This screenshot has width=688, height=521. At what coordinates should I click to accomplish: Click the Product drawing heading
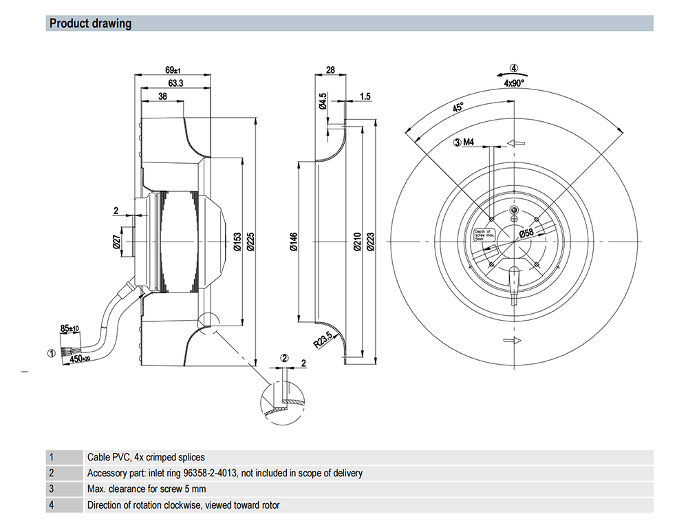[x=90, y=23]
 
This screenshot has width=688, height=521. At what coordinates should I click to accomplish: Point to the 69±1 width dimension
[x=173, y=70]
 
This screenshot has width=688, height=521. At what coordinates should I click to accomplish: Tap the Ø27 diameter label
[x=117, y=240]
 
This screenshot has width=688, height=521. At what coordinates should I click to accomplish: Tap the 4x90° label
[x=513, y=83]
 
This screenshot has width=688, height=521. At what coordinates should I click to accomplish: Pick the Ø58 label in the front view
[x=526, y=233]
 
